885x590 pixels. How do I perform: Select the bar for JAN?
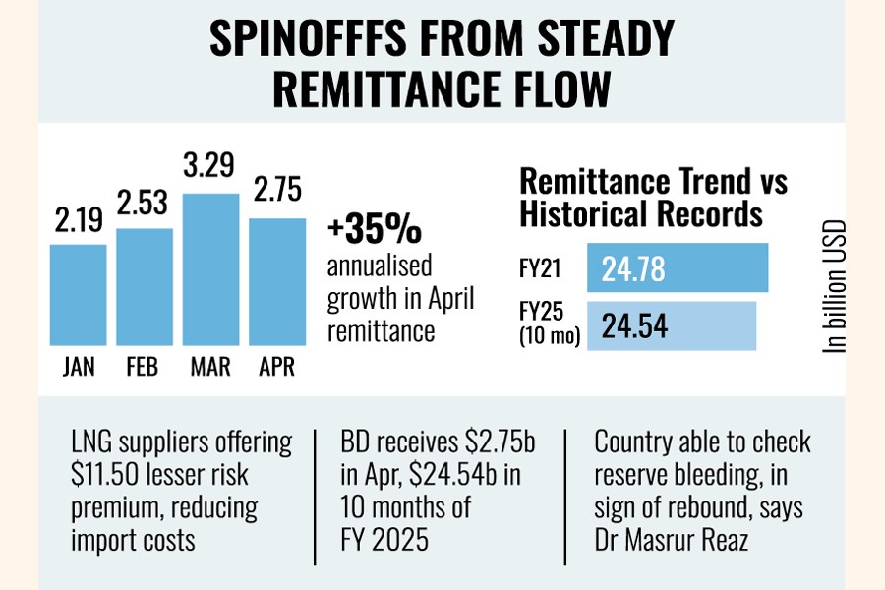[79, 295]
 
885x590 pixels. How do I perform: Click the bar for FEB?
[145, 287]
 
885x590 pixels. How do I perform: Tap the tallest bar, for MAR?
[210, 270]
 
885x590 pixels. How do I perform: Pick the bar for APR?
[276, 282]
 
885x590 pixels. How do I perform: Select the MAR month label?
[210, 368]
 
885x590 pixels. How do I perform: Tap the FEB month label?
[145, 368]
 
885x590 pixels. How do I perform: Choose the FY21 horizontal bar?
[677, 267]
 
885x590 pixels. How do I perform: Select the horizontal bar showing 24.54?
[671, 325]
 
